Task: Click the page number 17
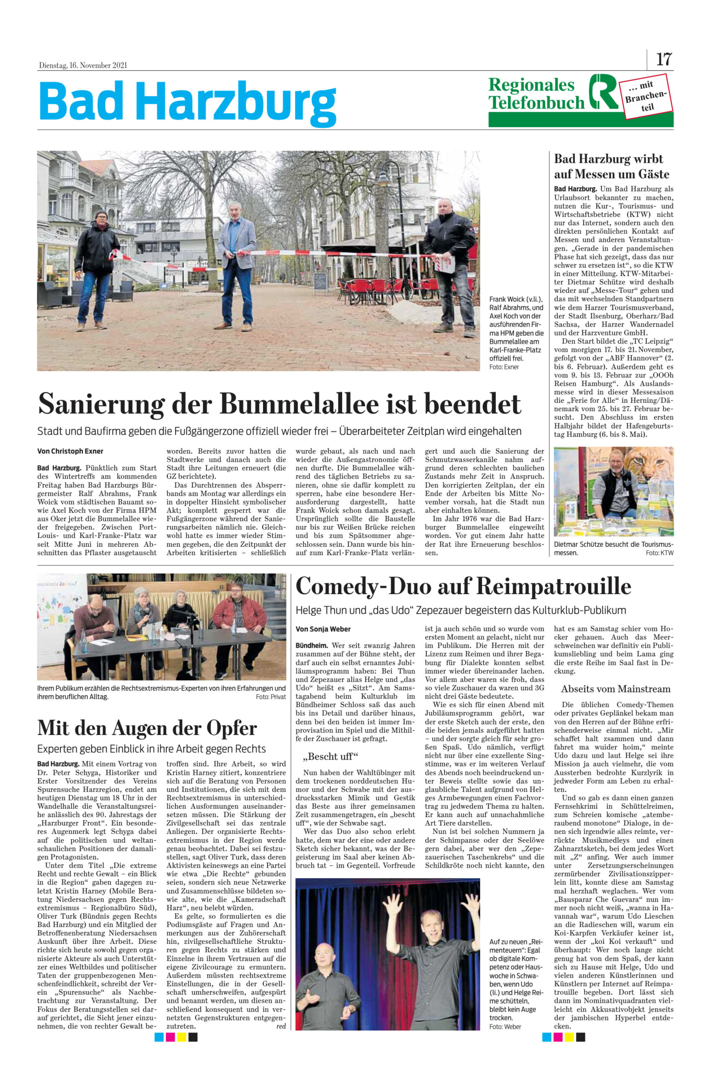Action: (664, 59)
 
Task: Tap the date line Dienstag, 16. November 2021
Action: (83, 65)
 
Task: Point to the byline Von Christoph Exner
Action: (70, 451)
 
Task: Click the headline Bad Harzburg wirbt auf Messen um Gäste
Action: (611, 166)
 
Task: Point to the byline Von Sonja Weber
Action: (323, 629)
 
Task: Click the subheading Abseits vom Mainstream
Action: (616, 689)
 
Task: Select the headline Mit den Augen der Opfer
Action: (147, 728)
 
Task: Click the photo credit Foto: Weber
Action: (505, 1027)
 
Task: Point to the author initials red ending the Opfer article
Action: (281, 1026)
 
